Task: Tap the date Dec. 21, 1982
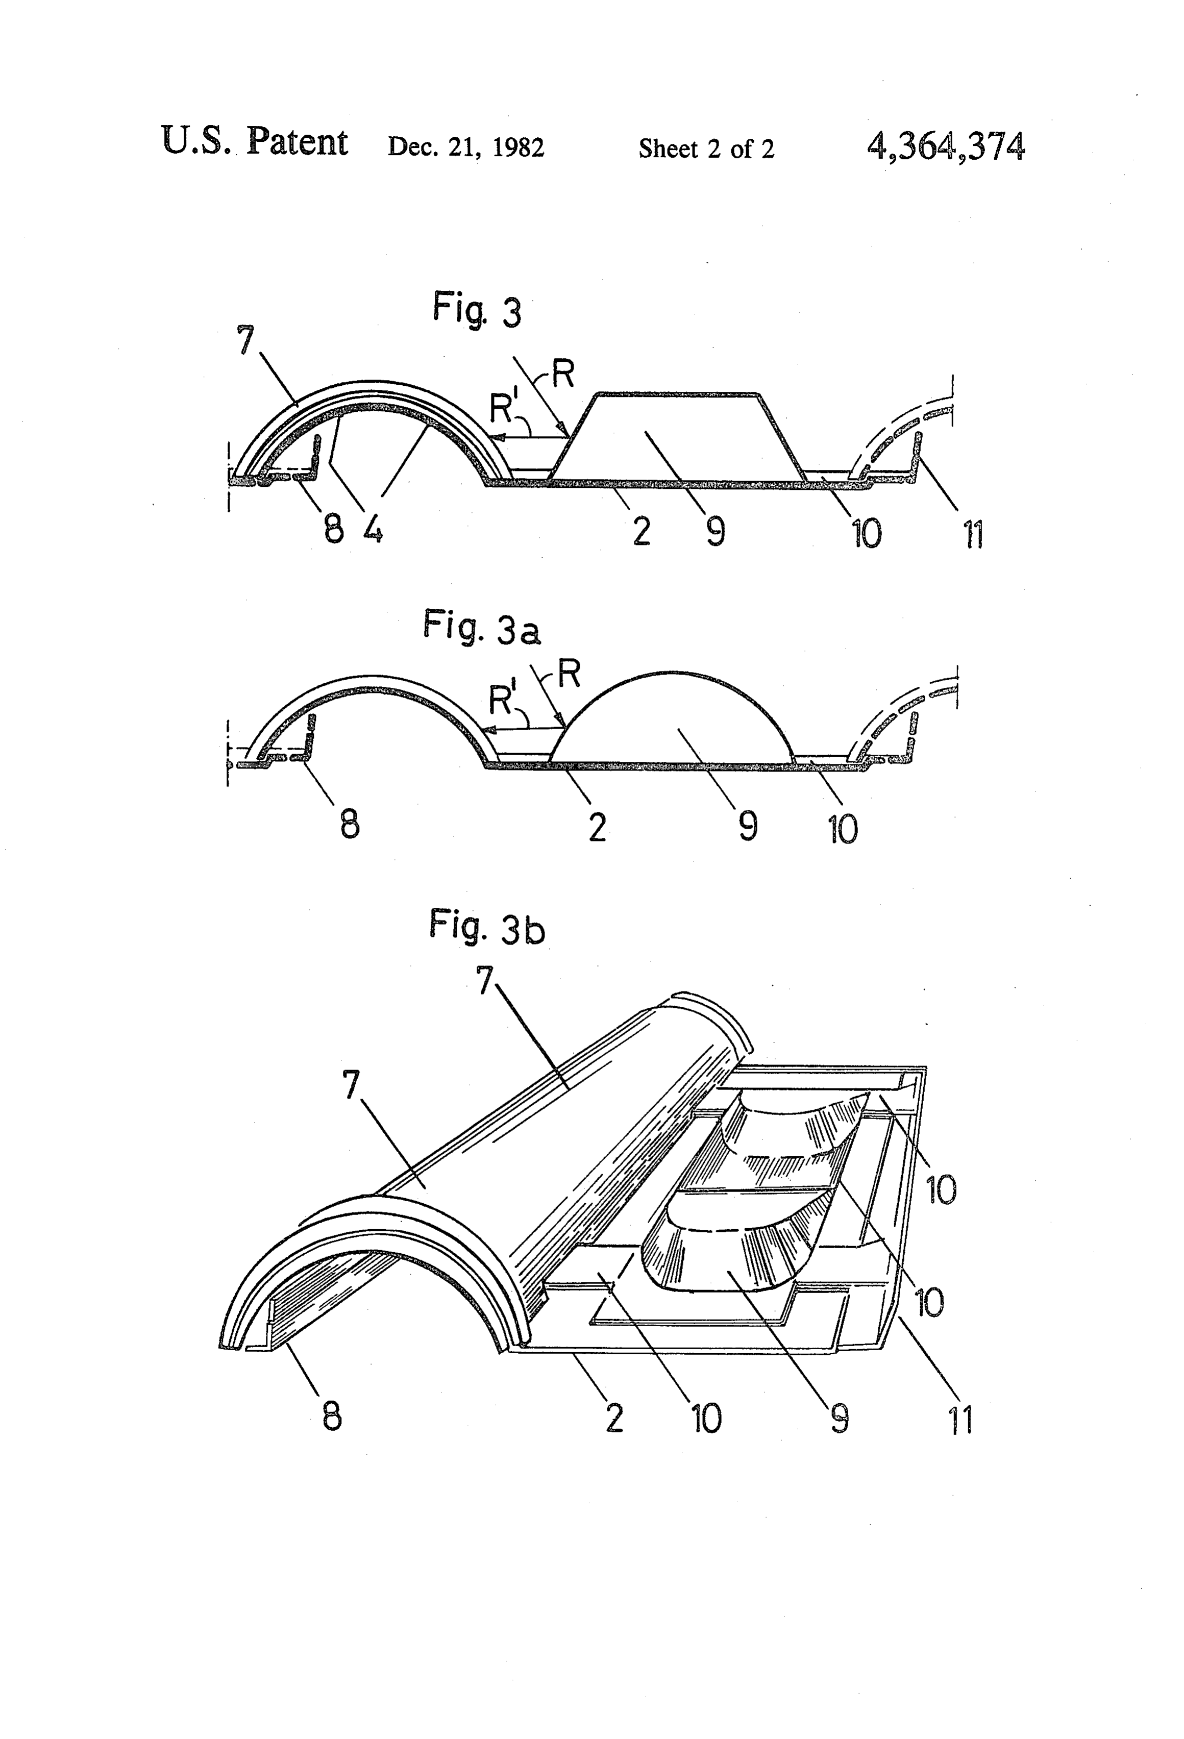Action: tap(465, 147)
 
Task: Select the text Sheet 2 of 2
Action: tap(706, 149)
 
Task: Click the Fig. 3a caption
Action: tap(481, 627)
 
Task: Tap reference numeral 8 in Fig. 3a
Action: tap(350, 825)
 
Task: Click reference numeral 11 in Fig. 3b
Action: tap(961, 1420)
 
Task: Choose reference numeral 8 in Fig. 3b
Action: tap(332, 1415)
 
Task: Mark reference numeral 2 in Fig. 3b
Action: tap(614, 1417)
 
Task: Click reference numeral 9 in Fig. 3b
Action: tap(840, 1418)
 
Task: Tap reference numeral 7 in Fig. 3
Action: tap(245, 341)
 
